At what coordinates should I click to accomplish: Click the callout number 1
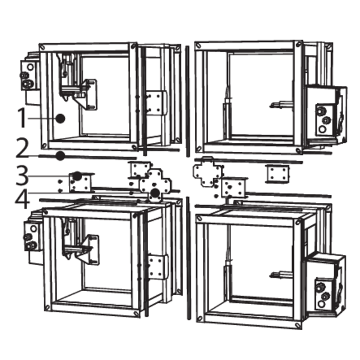coord(22,118)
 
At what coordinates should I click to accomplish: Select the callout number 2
coord(22,148)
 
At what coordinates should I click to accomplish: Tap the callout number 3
coord(22,176)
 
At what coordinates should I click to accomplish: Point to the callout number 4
coord(22,199)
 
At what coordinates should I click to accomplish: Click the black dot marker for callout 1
coord(61,118)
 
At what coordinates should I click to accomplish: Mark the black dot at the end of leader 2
coord(61,156)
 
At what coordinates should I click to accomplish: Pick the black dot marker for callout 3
coord(77,176)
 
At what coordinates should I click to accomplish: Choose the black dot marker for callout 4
coord(155,193)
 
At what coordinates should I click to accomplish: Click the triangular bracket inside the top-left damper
coord(87,94)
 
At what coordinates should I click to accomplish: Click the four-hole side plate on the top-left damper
coord(156,103)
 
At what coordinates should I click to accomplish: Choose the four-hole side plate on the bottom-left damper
coord(158,266)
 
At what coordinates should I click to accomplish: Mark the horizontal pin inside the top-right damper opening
coord(282,105)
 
